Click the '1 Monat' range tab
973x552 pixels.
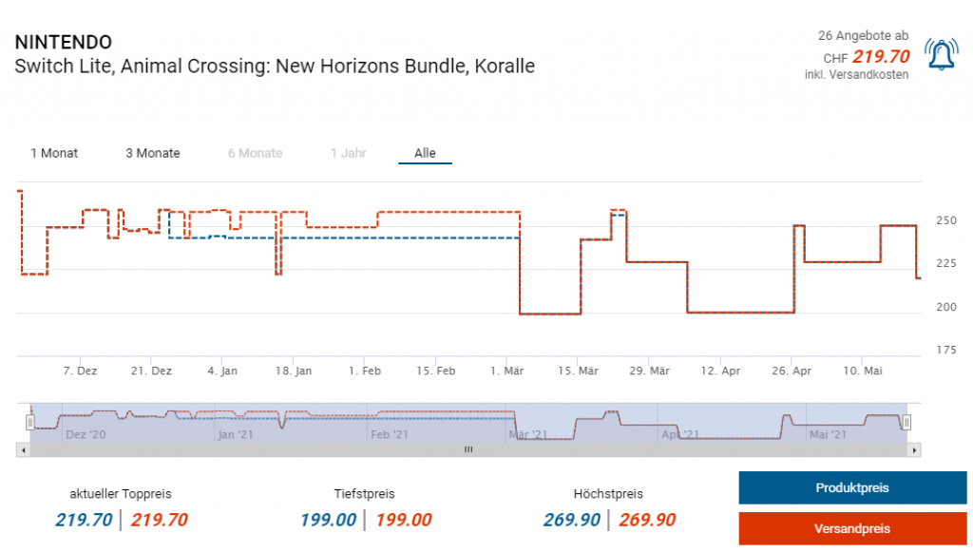coord(54,153)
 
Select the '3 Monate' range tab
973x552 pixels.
coord(153,153)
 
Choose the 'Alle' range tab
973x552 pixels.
coord(425,153)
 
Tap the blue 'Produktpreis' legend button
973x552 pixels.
coord(852,487)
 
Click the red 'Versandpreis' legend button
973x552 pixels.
coord(852,528)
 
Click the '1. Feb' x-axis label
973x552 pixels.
coord(365,371)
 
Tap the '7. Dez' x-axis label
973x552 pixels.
coord(80,371)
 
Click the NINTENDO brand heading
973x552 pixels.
coord(64,43)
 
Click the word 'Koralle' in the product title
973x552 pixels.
coord(505,67)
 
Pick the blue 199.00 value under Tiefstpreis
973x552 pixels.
coord(329,520)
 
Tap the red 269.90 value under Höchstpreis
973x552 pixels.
coord(647,520)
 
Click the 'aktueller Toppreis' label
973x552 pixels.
coord(121,494)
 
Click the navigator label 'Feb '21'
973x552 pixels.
coord(390,434)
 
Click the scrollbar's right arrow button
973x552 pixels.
coord(914,449)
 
